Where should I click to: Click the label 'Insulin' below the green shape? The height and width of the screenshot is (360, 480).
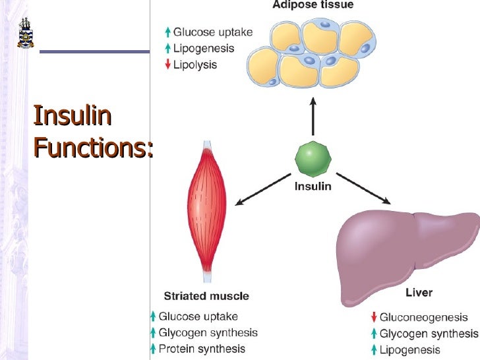pos(313,187)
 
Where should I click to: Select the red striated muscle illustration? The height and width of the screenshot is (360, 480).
pos(207,211)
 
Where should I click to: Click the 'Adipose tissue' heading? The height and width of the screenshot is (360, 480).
pos(313,5)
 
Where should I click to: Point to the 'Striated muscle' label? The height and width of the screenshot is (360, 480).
pos(206,296)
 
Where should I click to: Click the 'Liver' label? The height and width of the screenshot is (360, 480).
pos(419,292)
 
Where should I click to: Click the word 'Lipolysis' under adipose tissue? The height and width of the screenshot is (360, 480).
pos(195,65)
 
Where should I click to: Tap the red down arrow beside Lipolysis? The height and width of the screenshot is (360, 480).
pos(168,65)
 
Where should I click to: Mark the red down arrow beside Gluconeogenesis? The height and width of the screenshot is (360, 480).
pos(374,318)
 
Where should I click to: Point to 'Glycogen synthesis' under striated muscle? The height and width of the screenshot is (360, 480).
pos(208,333)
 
